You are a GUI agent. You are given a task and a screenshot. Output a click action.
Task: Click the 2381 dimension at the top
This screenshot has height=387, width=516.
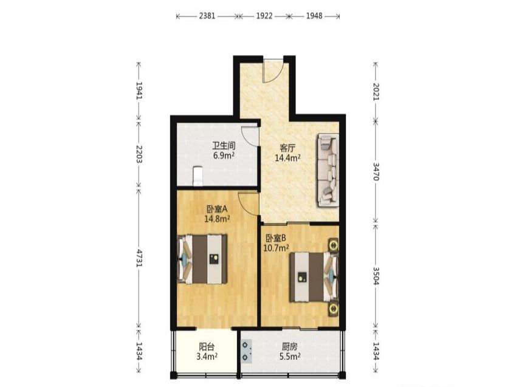coord(207,16)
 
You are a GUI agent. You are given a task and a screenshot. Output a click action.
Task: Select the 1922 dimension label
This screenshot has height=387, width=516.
coord(264,16)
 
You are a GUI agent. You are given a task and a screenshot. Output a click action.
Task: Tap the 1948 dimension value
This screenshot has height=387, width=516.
coord(314,16)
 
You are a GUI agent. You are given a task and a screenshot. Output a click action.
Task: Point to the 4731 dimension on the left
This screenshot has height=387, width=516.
coord(139,258)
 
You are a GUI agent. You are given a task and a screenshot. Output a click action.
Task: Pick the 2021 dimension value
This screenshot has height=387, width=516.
coord(376,92)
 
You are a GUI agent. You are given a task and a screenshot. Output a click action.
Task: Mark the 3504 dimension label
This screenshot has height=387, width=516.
coord(376,276)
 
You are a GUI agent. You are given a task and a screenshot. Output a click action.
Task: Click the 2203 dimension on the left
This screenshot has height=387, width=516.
coord(139,154)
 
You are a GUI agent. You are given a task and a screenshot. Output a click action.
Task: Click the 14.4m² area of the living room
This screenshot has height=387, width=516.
coord(287,158)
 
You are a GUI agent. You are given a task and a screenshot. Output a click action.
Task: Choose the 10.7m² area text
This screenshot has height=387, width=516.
coord(277,248)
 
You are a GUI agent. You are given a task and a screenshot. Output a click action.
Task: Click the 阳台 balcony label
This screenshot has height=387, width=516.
coord(207,346)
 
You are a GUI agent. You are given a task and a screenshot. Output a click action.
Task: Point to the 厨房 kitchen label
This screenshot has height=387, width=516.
coord(290,346)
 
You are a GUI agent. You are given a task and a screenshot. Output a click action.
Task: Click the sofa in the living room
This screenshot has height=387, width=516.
coord(328,170)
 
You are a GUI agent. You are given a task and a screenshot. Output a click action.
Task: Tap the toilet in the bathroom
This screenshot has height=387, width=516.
coord(198,176)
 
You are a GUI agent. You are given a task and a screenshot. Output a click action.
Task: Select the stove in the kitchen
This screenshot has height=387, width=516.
coord(247,351)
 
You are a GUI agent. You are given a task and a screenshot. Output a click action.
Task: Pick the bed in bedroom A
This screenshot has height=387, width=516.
coord(202,259)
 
